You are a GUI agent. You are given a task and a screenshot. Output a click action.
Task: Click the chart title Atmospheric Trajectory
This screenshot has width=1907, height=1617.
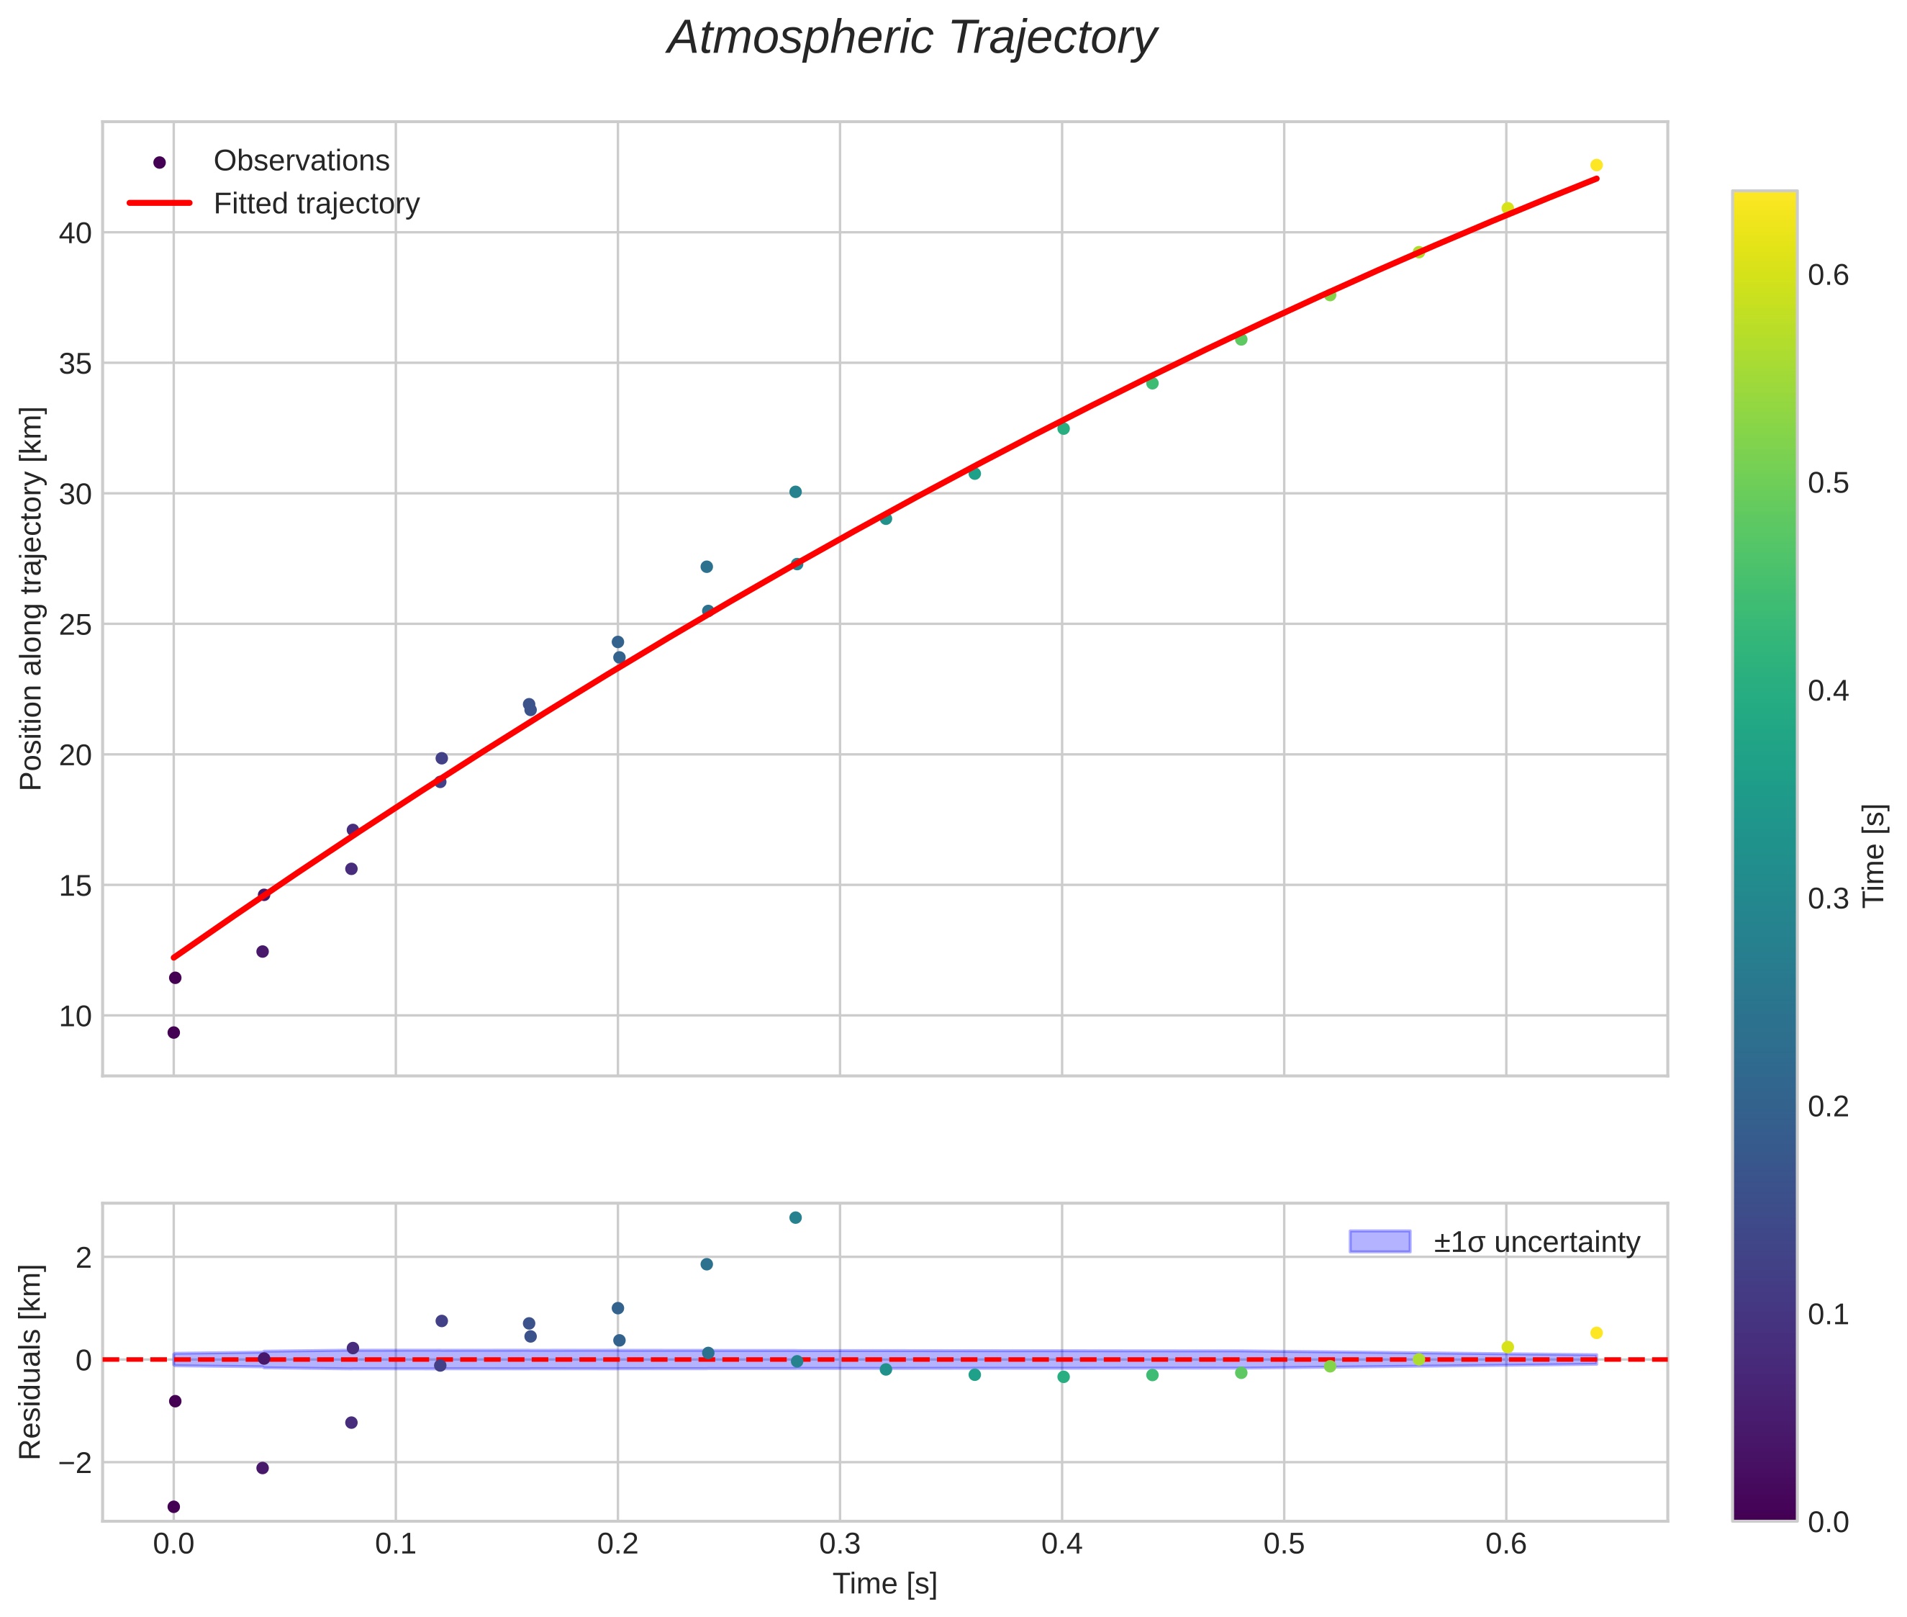pos(912,38)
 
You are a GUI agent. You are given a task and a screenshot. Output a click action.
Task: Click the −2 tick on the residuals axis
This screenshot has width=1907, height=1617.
pos(73,1463)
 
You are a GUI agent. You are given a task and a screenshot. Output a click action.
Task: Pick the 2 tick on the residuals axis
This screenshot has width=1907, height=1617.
pos(83,1258)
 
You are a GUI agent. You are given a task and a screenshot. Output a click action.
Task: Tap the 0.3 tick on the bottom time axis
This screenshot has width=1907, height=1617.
pos(839,1544)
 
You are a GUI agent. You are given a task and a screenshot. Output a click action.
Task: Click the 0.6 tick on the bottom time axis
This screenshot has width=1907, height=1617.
pos(1505,1544)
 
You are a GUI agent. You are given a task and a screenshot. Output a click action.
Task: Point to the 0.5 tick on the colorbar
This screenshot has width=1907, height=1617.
pos(1828,483)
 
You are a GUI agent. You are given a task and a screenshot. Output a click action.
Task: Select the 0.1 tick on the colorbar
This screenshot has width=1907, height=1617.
pos(1828,1315)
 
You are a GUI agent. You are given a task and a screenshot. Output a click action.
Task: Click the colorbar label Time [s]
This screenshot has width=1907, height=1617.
pos(1874,855)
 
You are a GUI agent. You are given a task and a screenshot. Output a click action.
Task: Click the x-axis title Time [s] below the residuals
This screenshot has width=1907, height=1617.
pos(884,1584)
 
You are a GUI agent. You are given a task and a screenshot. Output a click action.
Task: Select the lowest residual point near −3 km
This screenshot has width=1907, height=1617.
pos(173,1507)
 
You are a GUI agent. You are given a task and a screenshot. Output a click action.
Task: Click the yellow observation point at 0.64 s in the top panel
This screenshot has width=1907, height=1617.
pos(1595,165)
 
